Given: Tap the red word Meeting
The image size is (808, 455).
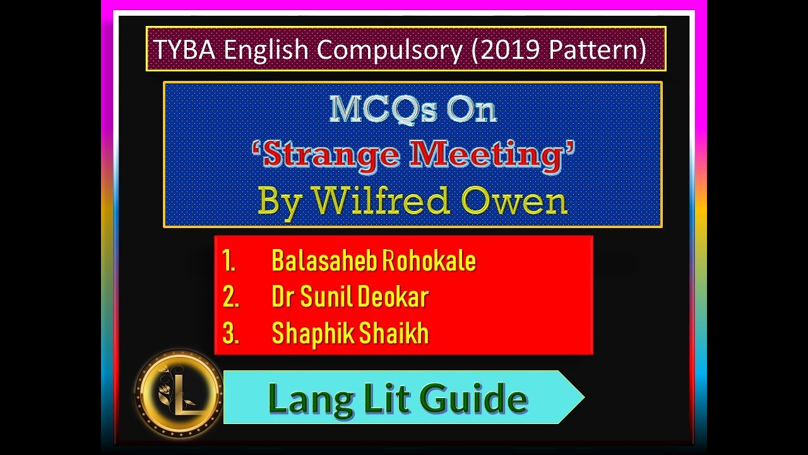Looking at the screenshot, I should tap(491, 155).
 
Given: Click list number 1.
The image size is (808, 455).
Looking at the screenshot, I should tap(229, 261).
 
